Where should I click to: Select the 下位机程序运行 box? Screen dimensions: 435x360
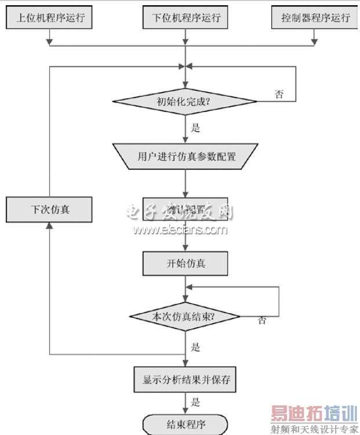(186, 17)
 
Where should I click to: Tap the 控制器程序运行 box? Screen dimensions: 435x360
(315, 17)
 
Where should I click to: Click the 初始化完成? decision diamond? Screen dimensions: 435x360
(186, 102)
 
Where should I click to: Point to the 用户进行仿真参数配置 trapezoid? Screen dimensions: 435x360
(186, 157)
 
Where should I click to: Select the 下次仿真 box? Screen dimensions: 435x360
(49, 209)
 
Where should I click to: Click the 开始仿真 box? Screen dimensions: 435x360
(186, 264)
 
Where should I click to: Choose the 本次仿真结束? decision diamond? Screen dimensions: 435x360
(186, 317)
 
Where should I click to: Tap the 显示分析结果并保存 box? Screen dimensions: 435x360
(186, 380)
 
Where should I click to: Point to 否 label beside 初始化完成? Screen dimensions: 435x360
(279, 94)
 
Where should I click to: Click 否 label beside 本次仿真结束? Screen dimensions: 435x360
(262, 320)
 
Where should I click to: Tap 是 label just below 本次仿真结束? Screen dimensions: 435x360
(195, 347)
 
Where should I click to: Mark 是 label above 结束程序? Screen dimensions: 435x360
(195, 401)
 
